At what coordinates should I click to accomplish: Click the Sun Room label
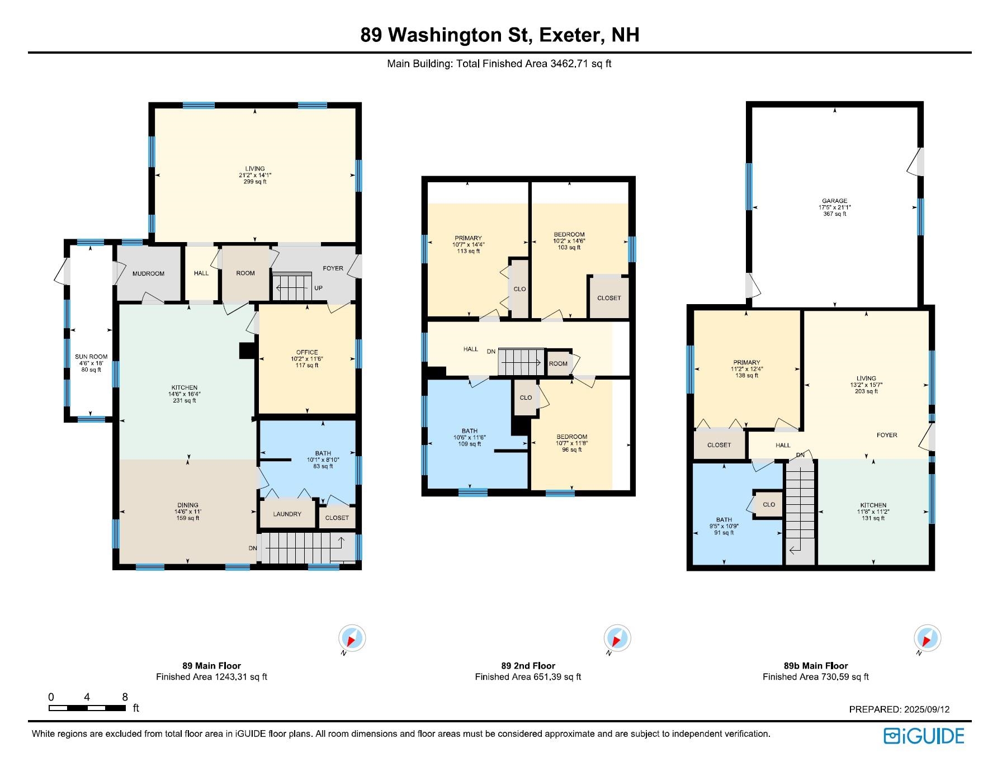click(x=91, y=357)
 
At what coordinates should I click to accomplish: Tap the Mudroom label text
click(x=148, y=273)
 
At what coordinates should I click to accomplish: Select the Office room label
click(x=307, y=353)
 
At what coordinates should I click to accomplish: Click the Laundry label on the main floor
click(x=287, y=514)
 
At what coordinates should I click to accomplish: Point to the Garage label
click(x=835, y=201)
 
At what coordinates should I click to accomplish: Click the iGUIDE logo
click(x=924, y=736)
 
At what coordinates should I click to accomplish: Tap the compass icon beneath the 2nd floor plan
click(x=617, y=638)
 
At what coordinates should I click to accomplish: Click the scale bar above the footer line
click(x=87, y=708)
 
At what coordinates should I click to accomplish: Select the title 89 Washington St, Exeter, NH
click(x=500, y=35)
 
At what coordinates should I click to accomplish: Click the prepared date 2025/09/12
click(x=927, y=709)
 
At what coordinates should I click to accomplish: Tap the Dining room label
click(x=188, y=505)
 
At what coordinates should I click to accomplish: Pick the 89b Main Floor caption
click(x=816, y=666)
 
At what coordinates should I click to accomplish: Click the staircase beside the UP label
click(x=292, y=286)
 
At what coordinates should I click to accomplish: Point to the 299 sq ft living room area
click(x=255, y=182)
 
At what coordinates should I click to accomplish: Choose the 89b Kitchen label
click(x=873, y=505)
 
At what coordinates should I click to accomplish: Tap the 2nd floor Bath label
click(x=470, y=432)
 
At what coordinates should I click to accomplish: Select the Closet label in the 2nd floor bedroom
click(x=609, y=298)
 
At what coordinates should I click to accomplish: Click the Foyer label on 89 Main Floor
click(x=333, y=268)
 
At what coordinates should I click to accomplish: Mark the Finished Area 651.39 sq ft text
click(x=528, y=677)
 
